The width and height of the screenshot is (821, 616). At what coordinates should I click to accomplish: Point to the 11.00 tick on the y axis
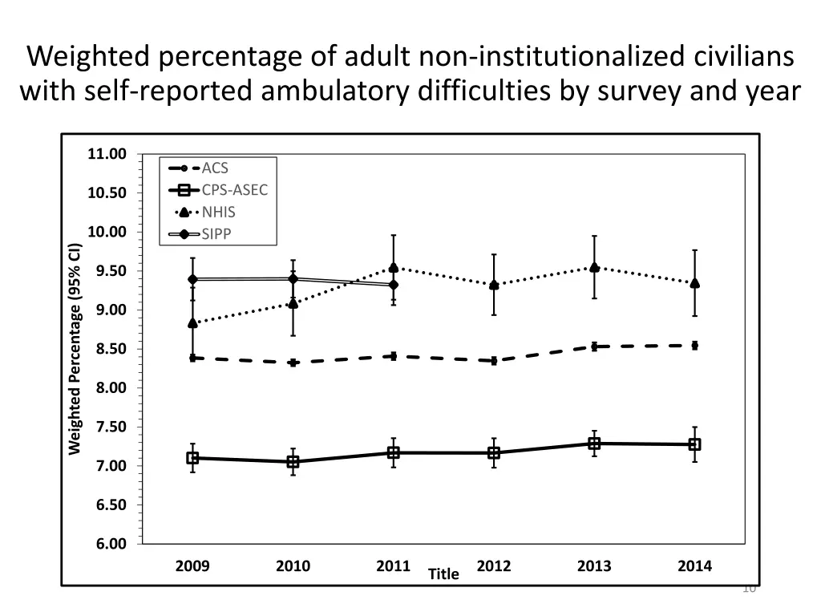pyautogui.click(x=107, y=154)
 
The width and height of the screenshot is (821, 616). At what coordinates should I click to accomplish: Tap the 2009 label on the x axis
pyautogui.click(x=192, y=565)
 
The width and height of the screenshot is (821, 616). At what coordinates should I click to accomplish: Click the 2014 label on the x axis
pyautogui.click(x=694, y=565)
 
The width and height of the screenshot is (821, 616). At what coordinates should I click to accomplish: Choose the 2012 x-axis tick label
pyautogui.click(x=494, y=565)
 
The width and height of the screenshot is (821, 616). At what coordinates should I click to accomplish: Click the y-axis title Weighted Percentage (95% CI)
pyautogui.click(x=74, y=349)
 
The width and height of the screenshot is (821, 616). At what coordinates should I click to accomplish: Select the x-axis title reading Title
pyautogui.click(x=443, y=573)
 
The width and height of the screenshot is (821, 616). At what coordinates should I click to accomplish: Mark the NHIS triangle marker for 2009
pyautogui.click(x=192, y=323)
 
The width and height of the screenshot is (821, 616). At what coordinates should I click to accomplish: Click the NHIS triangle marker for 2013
pyautogui.click(x=594, y=267)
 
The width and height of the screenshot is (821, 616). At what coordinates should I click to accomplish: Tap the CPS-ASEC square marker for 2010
pyautogui.click(x=293, y=462)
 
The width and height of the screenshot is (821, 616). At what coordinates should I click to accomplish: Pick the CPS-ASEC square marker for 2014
pyautogui.click(x=694, y=444)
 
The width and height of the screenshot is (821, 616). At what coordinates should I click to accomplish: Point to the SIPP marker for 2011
pyautogui.click(x=393, y=285)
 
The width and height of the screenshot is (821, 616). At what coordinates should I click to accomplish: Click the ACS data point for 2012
pyautogui.click(x=494, y=361)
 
